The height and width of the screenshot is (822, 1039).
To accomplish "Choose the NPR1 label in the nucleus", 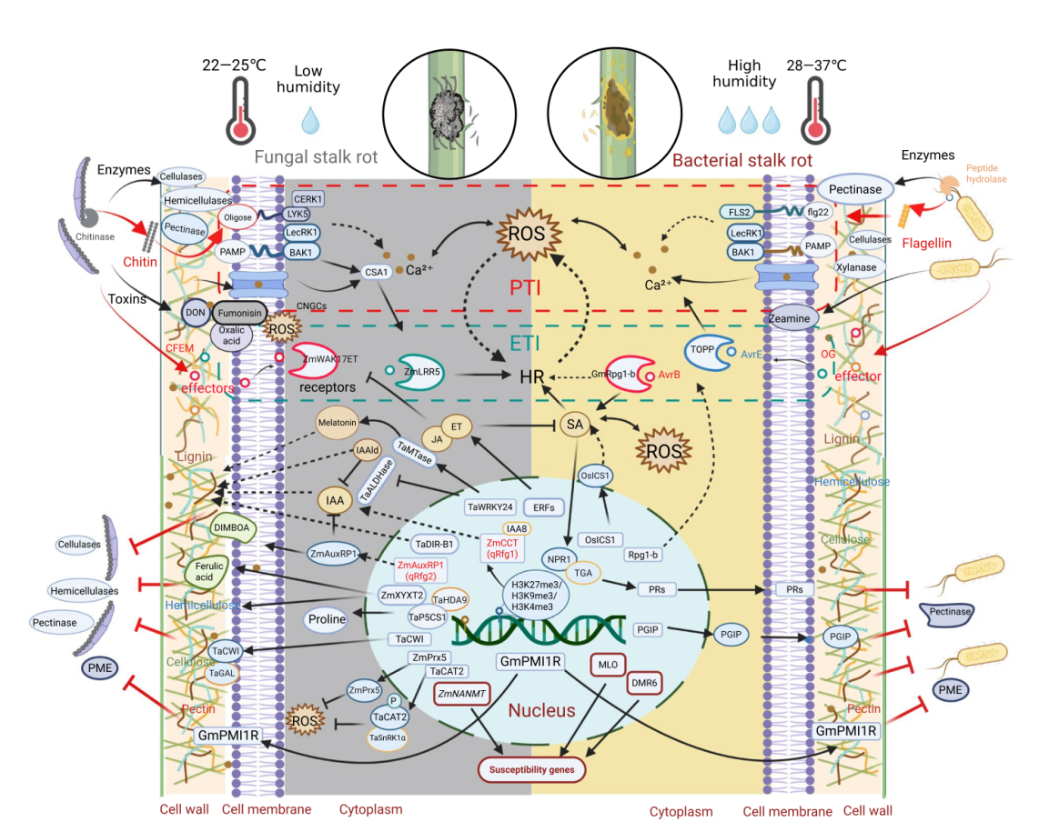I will pyautogui.click(x=558, y=557).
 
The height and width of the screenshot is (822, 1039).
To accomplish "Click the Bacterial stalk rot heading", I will pyautogui.click(x=741, y=160).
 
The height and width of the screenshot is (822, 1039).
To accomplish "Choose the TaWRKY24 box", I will pyautogui.click(x=490, y=506).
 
